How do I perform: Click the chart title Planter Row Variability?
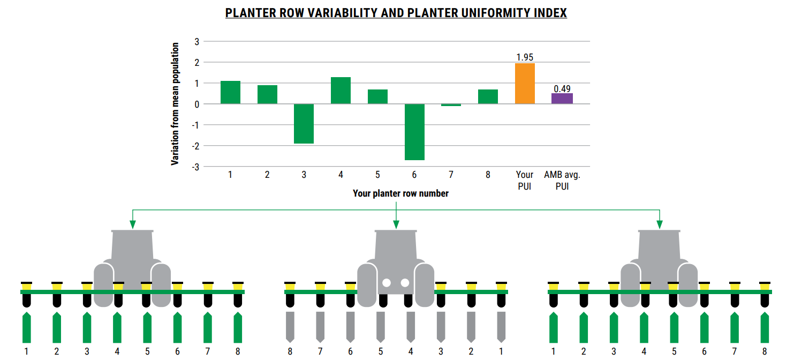coord(396,13)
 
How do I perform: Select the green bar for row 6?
coord(414,132)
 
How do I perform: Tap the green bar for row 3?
coord(304,124)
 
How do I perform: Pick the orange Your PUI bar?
coord(525,84)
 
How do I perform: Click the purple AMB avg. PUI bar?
coord(562,99)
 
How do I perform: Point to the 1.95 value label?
coord(525,57)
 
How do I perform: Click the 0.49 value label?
coord(562,88)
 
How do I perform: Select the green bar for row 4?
coord(341,91)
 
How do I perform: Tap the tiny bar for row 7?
coord(451,105)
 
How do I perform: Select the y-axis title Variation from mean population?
coord(175,104)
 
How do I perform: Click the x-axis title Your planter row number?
coord(400,193)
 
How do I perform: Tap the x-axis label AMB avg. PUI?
coord(562,181)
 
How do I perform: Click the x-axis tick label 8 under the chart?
coord(488,175)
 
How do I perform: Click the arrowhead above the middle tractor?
coord(396,224)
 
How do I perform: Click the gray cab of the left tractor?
coord(132,246)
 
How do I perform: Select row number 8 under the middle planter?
coord(290,351)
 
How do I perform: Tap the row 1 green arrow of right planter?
coord(553,328)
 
